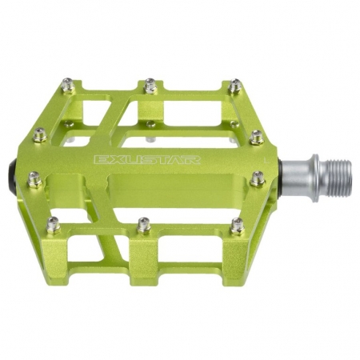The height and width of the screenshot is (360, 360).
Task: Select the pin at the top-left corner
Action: click(68, 83)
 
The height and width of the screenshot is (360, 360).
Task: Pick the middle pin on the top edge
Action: click(150, 85)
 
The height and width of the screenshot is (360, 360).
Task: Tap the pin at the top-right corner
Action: click(234, 85)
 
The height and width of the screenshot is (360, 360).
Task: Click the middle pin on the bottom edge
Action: click(144, 225)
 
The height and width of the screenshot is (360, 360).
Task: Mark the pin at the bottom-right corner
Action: click(238, 226)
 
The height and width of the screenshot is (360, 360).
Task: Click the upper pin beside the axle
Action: click(256, 137)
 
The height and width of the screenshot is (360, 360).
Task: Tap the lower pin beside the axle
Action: click(258, 178)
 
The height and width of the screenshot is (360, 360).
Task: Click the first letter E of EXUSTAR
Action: click(100, 158)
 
